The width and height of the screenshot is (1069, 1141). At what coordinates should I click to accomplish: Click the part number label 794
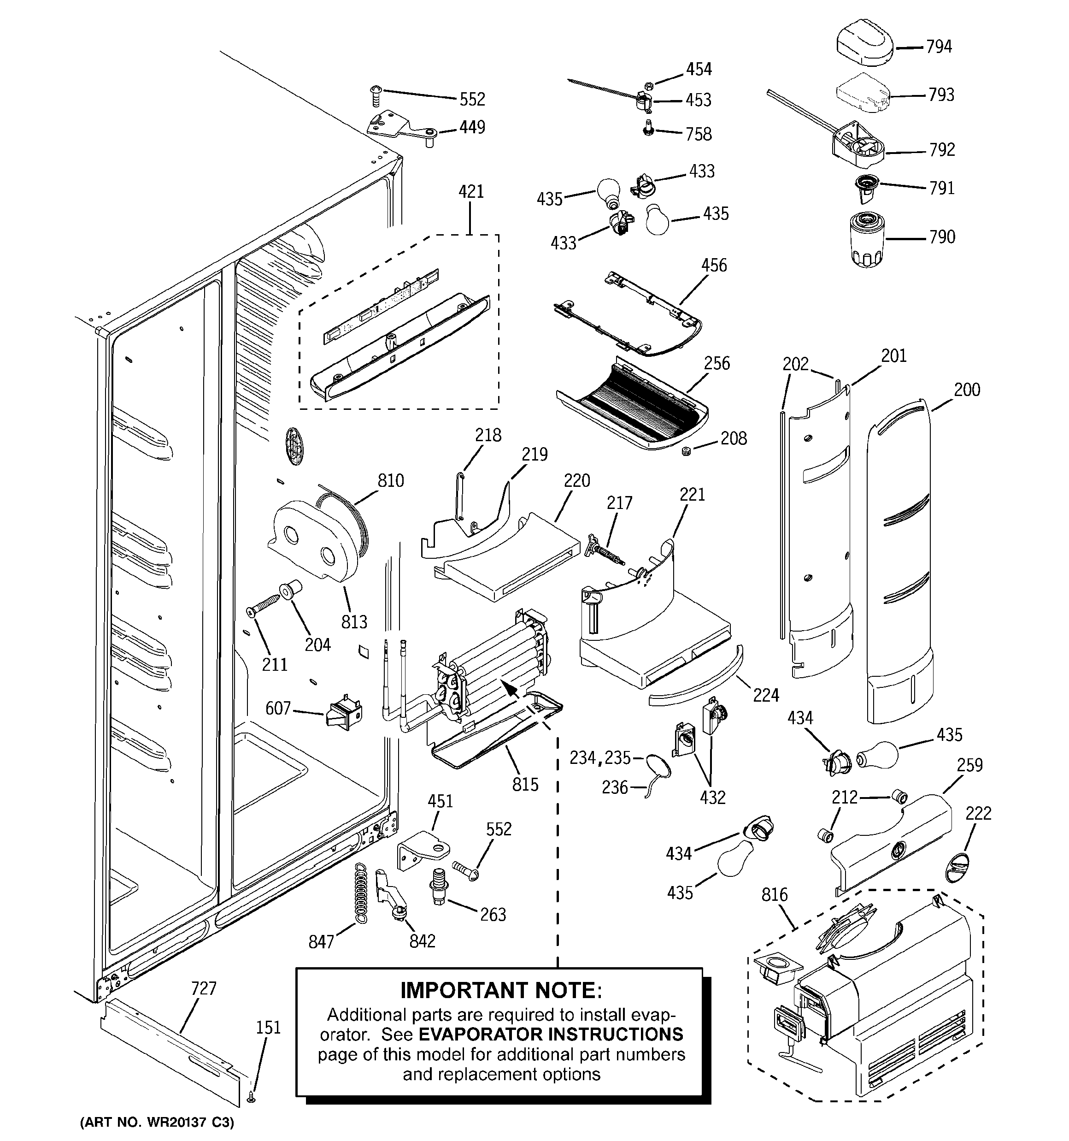point(939,47)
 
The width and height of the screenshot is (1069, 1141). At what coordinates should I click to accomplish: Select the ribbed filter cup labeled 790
point(868,240)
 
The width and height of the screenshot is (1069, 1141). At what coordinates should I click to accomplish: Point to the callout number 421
point(471,192)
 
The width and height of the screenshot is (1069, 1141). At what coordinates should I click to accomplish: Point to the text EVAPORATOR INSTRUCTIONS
point(551,1034)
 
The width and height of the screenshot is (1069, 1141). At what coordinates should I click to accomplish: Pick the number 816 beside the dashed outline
point(775,894)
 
